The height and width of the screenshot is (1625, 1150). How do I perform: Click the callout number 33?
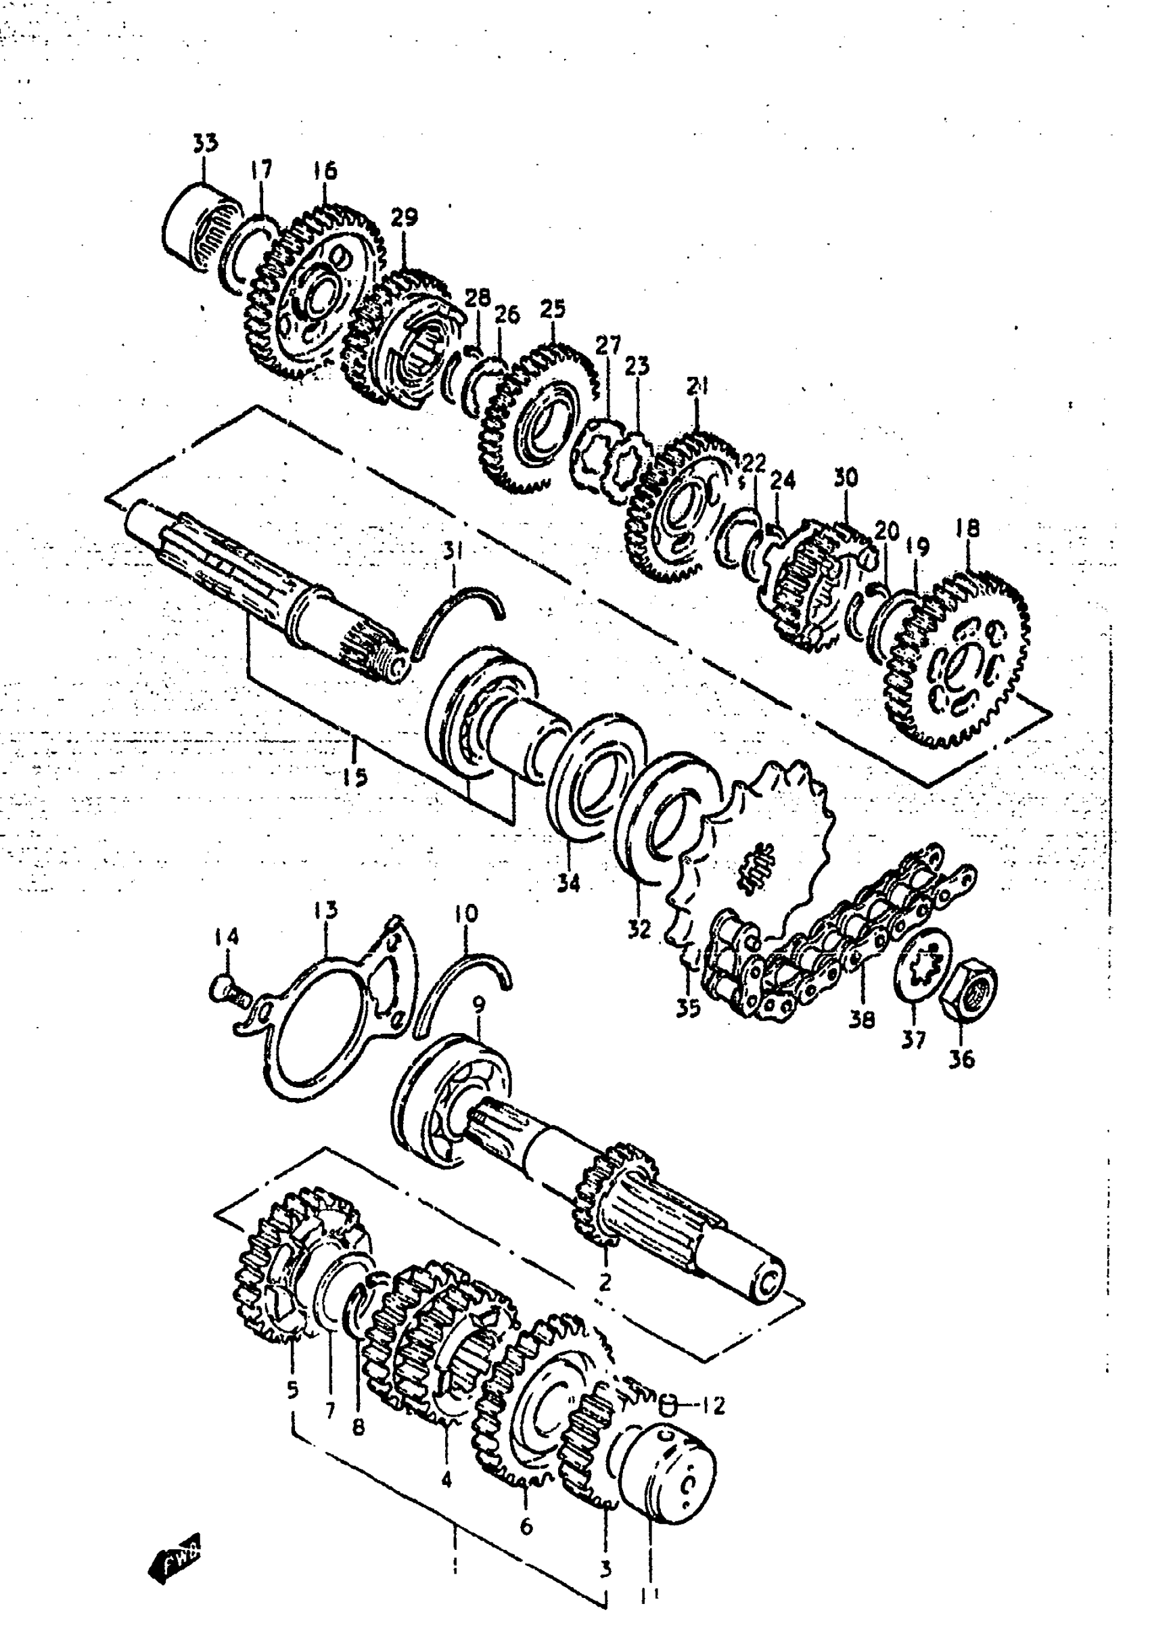tap(206, 143)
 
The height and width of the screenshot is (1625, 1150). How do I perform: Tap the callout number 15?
tap(354, 777)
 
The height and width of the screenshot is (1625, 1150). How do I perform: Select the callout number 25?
tap(553, 309)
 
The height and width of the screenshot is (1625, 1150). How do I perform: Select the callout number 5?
tap(292, 1390)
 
